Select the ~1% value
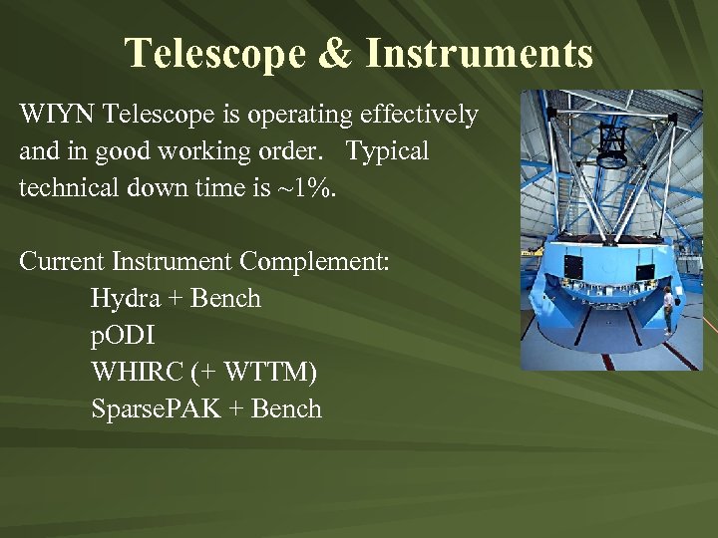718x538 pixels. tap(310, 189)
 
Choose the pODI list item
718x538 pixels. tap(123, 336)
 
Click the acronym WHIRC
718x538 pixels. tap(133, 373)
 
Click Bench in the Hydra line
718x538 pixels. tap(226, 299)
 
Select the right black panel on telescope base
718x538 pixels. tap(645, 271)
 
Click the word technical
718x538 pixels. tap(68, 189)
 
